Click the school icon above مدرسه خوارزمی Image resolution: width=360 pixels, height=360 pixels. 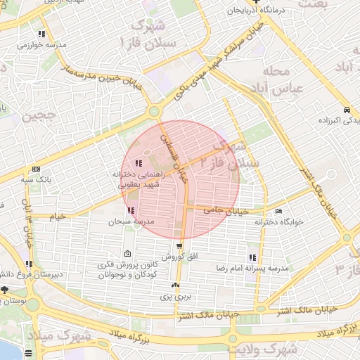(x=43, y=33)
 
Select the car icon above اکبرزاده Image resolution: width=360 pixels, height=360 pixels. (x=347, y=110)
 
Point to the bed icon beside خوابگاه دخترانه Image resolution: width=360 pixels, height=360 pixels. (x=279, y=211)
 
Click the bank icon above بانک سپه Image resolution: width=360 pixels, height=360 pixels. (x=35, y=169)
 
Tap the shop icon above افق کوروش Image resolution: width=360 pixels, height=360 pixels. (x=180, y=246)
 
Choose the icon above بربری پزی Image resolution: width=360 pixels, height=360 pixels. (x=176, y=285)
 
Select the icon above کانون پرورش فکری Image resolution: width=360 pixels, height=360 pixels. (x=127, y=254)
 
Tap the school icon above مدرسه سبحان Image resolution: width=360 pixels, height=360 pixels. (x=131, y=210)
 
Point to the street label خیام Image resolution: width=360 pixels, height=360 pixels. (x=58, y=217)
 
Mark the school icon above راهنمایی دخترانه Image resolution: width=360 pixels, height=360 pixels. (x=136, y=164)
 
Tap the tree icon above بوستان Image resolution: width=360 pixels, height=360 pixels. (x=5, y=289)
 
